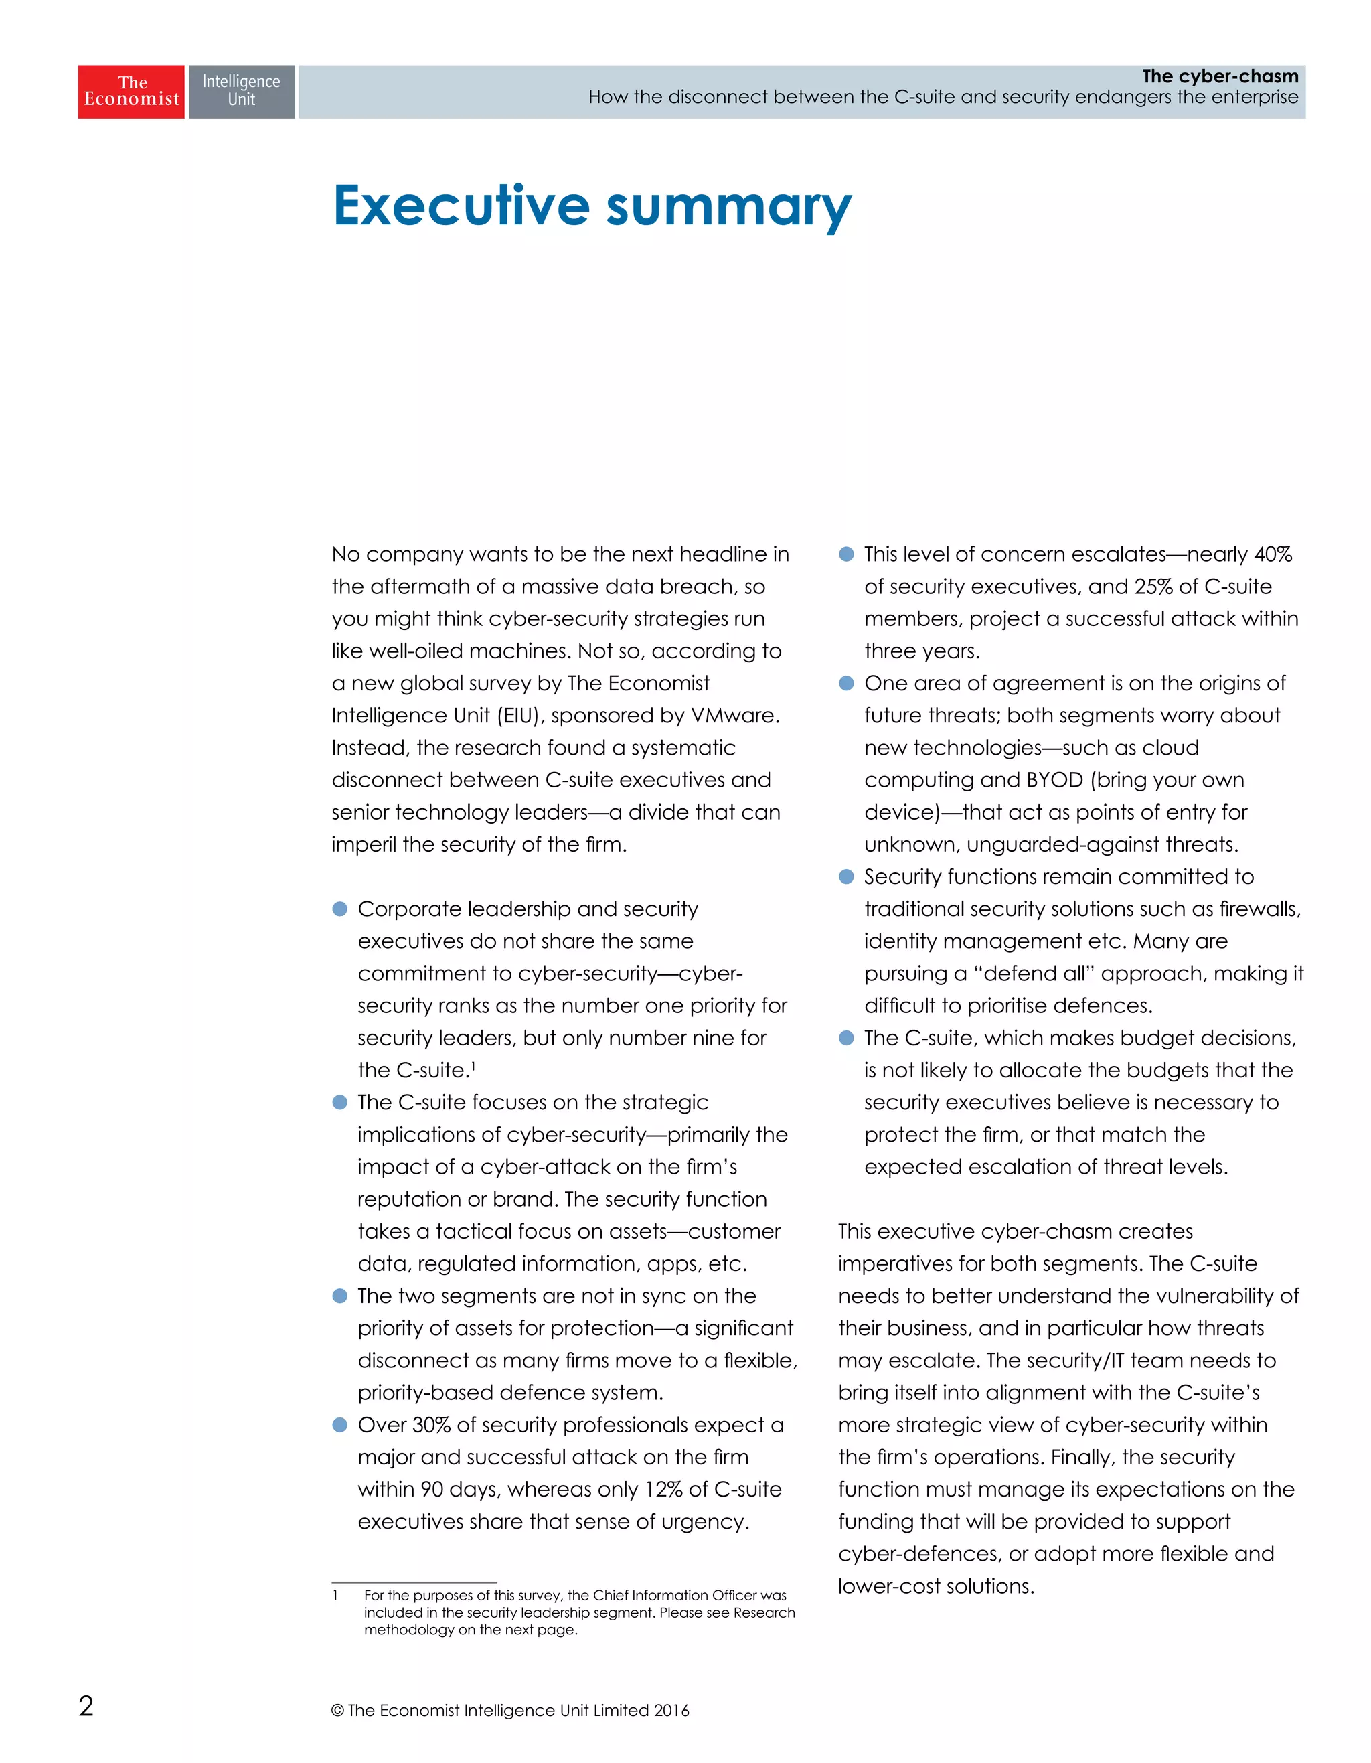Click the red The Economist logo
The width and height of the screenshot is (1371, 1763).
[x=131, y=91]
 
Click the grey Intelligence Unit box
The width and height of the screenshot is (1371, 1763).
[x=241, y=91]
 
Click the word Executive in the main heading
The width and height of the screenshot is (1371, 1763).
[x=461, y=206]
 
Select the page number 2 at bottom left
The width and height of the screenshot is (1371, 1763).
[x=86, y=1705]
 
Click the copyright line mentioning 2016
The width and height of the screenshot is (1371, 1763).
[x=510, y=1709]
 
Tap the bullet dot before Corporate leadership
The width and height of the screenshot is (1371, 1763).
[x=339, y=909]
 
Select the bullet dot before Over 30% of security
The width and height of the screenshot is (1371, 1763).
[x=339, y=1425]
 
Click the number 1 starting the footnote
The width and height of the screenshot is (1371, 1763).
[x=335, y=1595]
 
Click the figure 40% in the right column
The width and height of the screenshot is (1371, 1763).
[x=1273, y=554]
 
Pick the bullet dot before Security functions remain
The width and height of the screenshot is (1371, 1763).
[x=845, y=876]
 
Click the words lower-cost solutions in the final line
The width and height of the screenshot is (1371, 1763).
[x=936, y=1586]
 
